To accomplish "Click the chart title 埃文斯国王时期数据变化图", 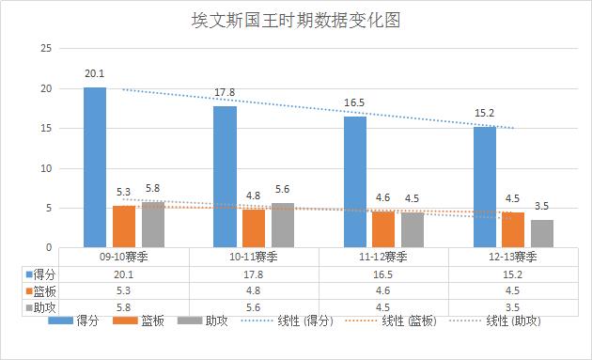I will point(295,21).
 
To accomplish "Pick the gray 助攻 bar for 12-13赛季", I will point(542,233).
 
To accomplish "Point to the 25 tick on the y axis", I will point(46,48).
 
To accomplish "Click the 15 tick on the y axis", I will point(46,128).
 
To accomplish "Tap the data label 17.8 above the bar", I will point(225,92).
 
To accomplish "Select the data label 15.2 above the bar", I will point(485,113).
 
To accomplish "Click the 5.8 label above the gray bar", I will point(152,189).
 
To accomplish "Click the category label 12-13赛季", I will point(513,256).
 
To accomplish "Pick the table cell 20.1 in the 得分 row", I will point(124,273).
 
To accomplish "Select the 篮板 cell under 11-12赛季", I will point(383,290).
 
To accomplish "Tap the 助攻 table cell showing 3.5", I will point(513,306).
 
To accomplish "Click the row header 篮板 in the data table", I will point(40,290).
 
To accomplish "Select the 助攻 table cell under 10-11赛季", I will point(254,306).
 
